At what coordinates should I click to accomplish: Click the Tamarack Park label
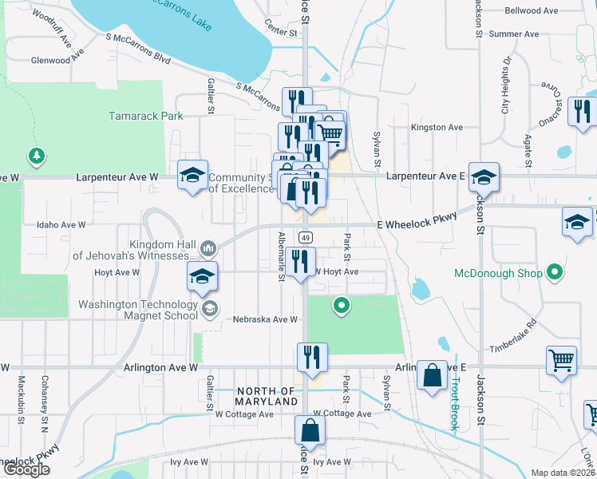point(145,116)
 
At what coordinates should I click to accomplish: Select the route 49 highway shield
point(306,237)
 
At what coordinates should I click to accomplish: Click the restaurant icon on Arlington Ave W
point(310,357)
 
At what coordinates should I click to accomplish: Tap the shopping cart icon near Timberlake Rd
point(561,359)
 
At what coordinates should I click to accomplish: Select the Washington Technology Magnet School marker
point(209,309)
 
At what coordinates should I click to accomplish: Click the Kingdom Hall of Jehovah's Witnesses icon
point(209,249)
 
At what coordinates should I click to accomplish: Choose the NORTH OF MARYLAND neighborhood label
point(267,396)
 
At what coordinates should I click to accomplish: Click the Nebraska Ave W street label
point(265,319)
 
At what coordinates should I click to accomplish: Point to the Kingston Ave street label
point(437,127)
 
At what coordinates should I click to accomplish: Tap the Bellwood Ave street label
point(532,11)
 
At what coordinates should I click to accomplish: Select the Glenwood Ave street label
point(57,60)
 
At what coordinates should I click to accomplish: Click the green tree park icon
point(35,153)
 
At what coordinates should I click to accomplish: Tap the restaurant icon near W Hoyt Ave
point(300,261)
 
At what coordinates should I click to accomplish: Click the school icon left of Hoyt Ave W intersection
point(202,277)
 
